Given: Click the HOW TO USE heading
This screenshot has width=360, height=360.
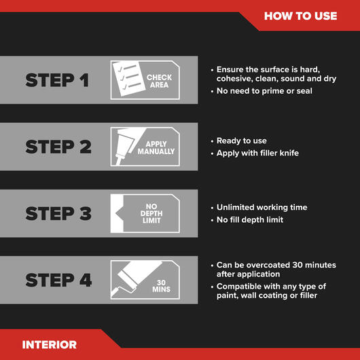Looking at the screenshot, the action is coord(300,16).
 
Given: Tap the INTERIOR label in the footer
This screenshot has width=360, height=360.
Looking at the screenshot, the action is coord(50,344).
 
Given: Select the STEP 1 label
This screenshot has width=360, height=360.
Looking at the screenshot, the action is coord(57,80).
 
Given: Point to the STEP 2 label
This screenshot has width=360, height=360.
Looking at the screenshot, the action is coord(58,147).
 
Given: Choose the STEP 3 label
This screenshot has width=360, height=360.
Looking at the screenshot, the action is coord(58,213).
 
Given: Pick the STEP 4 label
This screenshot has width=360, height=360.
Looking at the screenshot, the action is coord(58,280).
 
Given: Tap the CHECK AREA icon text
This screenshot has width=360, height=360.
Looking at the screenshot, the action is coord(159,81).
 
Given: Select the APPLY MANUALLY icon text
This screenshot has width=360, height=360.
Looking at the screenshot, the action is coord(156,147).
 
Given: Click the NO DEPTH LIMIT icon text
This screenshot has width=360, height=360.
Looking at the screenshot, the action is coord(151,213).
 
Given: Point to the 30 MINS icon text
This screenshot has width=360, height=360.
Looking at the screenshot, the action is coord(161,286).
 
